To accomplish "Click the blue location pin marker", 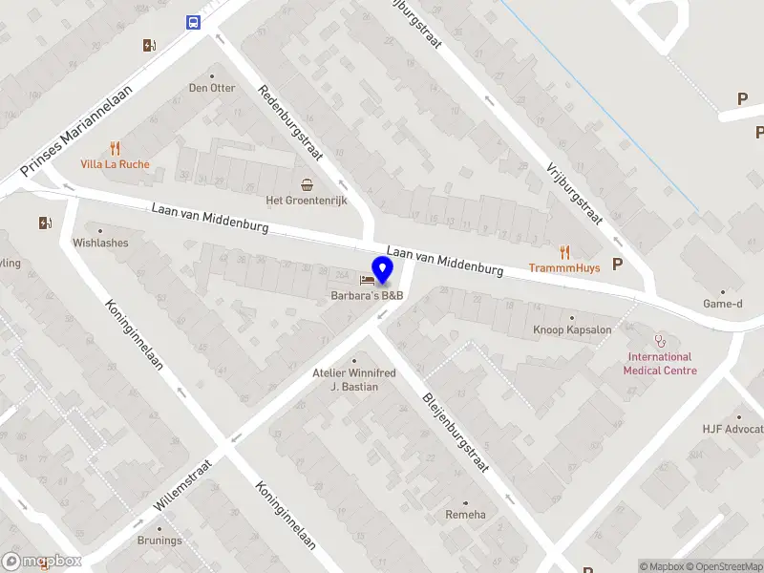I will point(383,270).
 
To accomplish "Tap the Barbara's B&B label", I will point(368,295).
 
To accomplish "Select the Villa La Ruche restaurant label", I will point(114,163).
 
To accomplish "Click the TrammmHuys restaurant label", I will point(564,267).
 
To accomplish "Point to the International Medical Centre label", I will point(660,364).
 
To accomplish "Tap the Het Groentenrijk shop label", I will point(307,201).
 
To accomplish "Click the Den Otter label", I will point(212,88).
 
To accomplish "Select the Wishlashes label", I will point(100,243).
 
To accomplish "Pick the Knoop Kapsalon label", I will point(572,330).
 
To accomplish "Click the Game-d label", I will point(722,304).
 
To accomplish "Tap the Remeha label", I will point(465,515).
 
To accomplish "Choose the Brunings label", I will point(159,541).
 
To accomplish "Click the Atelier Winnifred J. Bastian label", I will point(353,379).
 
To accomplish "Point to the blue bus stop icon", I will point(194,23).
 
